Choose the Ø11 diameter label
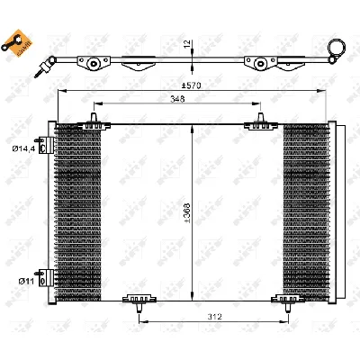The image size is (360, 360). point(25,282)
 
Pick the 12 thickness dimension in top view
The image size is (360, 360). point(187,44)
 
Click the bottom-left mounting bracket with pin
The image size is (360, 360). point(138,301)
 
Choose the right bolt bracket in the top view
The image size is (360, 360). point(262,64)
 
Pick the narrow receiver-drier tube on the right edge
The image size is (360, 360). point(335,211)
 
